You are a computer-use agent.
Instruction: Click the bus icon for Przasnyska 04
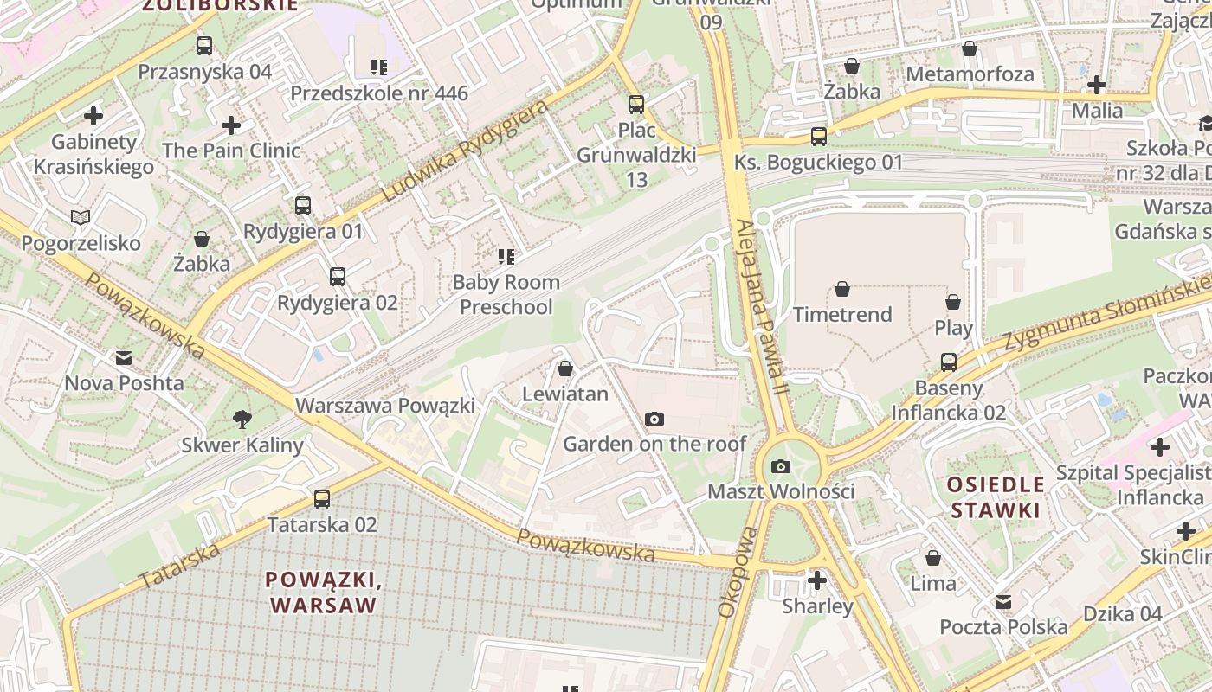pyautogui.click(x=204, y=46)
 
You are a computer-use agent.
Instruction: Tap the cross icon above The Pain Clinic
pyautogui.click(x=231, y=125)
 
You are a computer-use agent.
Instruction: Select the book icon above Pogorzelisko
pyautogui.click(x=81, y=217)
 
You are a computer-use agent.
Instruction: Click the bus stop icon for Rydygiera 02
pyautogui.click(x=338, y=277)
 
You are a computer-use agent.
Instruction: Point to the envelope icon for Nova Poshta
pyautogui.click(x=124, y=357)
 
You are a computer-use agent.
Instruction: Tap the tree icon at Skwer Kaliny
pyautogui.click(x=242, y=420)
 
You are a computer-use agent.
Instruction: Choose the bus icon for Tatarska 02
pyautogui.click(x=322, y=498)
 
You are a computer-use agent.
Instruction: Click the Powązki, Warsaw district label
pyautogui.click(x=323, y=592)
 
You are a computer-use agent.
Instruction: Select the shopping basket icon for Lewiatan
pyautogui.click(x=565, y=368)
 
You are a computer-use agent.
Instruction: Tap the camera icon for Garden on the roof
pyautogui.click(x=654, y=419)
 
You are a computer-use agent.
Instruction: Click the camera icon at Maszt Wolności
pyautogui.click(x=780, y=466)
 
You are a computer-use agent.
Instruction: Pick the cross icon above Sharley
pyautogui.click(x=816, y=580)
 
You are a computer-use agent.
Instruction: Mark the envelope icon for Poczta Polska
pyautogui.click(x=1003, y=601)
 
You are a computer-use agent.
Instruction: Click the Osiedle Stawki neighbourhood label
pyautogui.click(x=995, y=497)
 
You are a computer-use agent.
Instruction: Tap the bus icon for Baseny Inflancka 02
pyautogui.click(x=949, y=362)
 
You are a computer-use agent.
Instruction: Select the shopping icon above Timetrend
pyautogui.click(x=842, y=289)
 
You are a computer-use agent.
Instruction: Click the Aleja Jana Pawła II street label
pyautogui.click(x=761, y=307)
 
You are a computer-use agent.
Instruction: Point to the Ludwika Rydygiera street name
pyautogui.click(x=465, y=151)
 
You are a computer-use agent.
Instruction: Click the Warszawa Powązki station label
pyautogui.click(x=385, y=406)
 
